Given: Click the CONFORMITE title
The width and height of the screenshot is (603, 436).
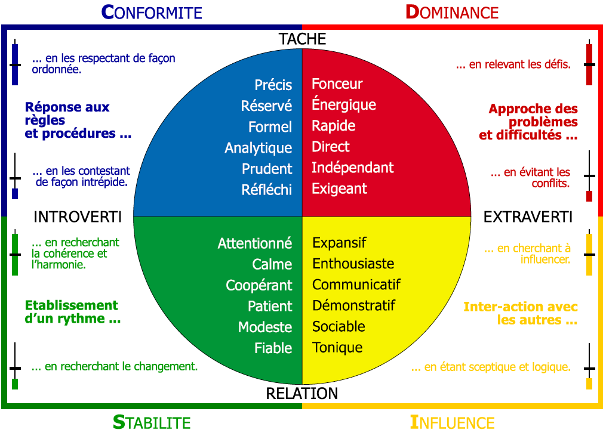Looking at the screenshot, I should tap(152, 12).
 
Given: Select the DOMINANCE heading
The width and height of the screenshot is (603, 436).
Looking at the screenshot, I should tap(452, 12).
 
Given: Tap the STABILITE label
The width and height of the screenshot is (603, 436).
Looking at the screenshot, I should tap(152, 423).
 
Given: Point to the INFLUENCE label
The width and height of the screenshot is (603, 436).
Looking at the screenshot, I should tap(452, 423).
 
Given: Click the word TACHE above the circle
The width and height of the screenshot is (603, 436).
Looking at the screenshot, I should tap(302, 39).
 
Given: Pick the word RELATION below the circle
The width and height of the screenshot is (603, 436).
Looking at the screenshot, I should tap(302, 394).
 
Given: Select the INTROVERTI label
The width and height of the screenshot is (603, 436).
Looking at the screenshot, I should tap(78, 217).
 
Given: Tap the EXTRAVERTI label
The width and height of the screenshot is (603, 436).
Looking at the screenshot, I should tap(528, 217).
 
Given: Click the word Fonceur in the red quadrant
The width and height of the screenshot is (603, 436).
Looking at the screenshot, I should tap(337, 84).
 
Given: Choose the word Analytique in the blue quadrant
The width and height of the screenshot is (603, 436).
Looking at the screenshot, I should tap(259, 148).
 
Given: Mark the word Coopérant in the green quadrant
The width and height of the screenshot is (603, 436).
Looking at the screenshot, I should tap(259, 286).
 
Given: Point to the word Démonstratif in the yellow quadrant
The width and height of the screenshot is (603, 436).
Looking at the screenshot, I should tap(354, 306).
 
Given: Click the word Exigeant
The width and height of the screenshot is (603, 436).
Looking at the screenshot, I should tap(340, 189).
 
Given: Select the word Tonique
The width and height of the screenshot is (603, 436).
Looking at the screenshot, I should tap(338, 348).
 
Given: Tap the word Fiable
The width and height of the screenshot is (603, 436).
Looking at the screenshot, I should tap(273, 348).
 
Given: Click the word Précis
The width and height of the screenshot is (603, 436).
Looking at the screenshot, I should tap(273, 85).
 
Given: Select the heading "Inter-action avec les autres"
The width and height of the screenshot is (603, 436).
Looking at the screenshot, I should tap(521, 313).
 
